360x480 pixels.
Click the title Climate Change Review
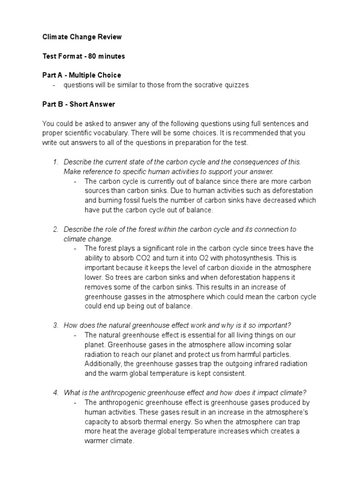[x=82, y=37]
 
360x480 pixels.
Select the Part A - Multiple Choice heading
[x=82, y=75]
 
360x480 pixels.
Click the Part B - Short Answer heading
[x=78, y=104]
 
